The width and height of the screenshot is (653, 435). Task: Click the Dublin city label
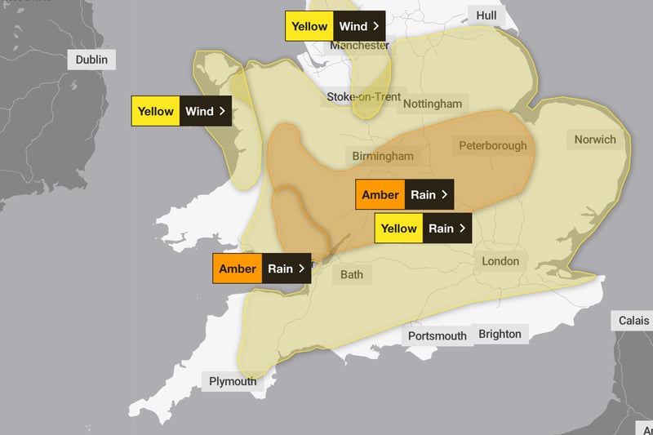(x=91, y=60)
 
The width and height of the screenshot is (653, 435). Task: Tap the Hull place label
(x=486, y=15)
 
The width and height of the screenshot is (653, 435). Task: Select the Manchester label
(x=359, y=46)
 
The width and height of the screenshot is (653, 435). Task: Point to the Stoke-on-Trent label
(x=364, y=97)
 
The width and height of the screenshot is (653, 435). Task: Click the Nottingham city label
(x=433, y=104)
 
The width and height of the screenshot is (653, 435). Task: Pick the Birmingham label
(x=383, y=156)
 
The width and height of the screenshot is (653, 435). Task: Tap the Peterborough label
(x=492, y=146)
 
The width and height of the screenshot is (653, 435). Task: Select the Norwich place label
(x=595, y=140)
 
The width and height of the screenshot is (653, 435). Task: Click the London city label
(x=500, y=261)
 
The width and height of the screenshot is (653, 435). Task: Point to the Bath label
(x=352, y=274)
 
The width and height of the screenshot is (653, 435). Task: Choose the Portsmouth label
(x=437, y=335)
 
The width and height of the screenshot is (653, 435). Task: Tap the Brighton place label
(x=500, y=334)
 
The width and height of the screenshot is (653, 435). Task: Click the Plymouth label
(x=233, y=381)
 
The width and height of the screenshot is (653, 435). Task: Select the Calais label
(x=633, y=321)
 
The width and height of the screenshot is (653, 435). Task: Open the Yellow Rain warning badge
(x=423, y=229)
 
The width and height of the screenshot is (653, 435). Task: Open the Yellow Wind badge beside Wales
(x=181, y=111)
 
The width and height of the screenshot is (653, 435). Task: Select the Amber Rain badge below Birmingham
(x=404, y=194)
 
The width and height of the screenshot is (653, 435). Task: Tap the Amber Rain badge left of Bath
(x=261, y=269)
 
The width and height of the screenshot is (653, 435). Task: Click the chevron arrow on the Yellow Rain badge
(x=462, y=229)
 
